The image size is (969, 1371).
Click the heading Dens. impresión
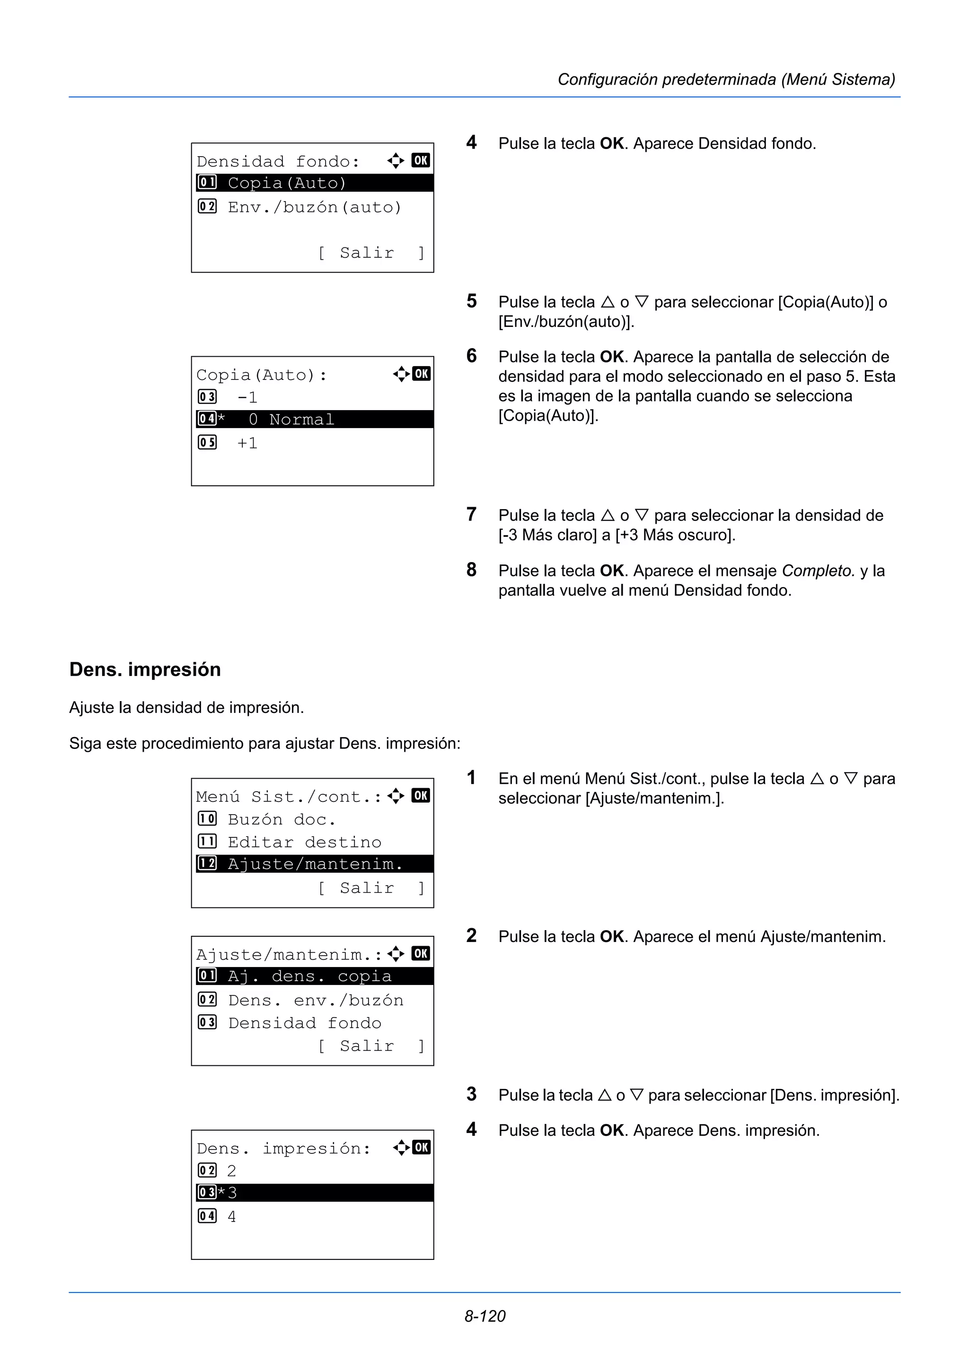point(145,669)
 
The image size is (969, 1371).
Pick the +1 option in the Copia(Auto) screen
point(247,443)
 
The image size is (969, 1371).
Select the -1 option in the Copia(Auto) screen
point(247,397)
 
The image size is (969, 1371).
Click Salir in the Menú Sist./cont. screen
point(367,888)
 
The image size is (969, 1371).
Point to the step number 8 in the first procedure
point(472,570)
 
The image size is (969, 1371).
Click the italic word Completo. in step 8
point(818,571)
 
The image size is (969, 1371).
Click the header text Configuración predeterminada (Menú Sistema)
point(726,79)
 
